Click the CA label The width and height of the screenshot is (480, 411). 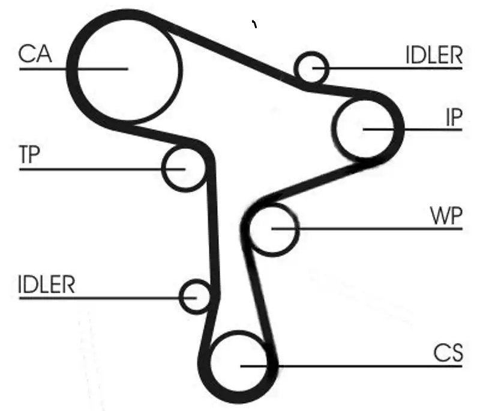(35, 54)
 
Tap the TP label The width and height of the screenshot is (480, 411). (29, 154)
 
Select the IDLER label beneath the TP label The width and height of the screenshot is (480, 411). (47, 284)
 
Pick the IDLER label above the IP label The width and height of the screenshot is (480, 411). (434, 55)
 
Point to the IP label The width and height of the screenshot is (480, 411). (454, 117)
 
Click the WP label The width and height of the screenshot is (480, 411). (446, 216)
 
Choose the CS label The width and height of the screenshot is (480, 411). (448, 353)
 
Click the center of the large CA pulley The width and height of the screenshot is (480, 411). (128, 69)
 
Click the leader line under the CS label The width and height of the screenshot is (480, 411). (352, 366)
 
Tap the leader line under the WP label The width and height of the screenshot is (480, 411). (367, 229)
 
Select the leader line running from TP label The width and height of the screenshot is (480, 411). (102, 169)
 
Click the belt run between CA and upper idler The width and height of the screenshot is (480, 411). (227, 49)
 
